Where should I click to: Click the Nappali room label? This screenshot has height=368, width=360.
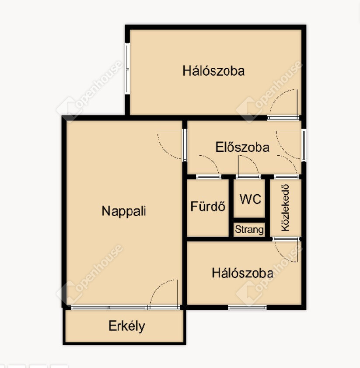(124, 211)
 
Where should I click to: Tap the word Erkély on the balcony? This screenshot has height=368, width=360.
(127, 326)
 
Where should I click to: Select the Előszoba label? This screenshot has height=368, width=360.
(242, 147)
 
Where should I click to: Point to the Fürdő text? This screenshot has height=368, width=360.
(208, 206)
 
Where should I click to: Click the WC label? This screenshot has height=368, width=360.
(250, 199)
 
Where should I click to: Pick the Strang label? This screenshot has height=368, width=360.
(249, 230)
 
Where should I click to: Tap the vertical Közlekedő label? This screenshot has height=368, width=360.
(285, 208)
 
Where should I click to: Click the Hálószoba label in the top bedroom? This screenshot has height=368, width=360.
(213, 70)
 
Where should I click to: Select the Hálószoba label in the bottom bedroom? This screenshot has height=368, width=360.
(243, 273)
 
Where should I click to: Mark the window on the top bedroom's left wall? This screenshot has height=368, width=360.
(127, 69)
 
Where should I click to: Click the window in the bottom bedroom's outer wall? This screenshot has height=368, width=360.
(247, 307)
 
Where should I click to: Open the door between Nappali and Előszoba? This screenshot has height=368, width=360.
(185, 145)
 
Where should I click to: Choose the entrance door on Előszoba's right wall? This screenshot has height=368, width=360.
(304, 145)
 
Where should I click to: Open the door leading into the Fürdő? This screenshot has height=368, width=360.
(208, 176)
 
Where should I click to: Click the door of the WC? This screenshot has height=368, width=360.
(248, 176)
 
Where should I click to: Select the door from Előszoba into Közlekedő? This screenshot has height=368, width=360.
(287, 176)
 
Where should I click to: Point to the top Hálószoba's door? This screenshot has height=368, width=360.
(283, 117)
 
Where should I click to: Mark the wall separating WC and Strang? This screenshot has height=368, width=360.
(249, 220)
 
